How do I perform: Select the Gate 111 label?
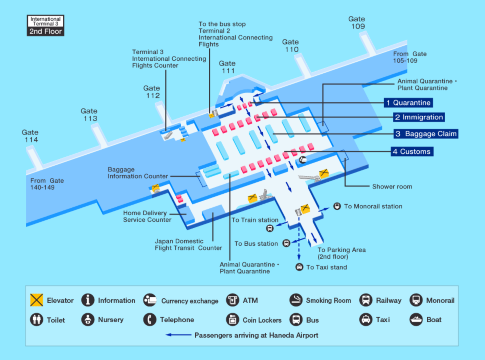pyautogui.click(x=228, y=66)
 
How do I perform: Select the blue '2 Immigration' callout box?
pyautogui.click(x=410, y=117)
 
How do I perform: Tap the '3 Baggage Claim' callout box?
pyautogui.click(x=424, y=133)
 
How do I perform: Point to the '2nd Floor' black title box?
pyautogui.click(x=44, y=31)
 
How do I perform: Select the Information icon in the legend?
pyautogui.click(x=88, y=299)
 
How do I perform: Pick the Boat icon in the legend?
pyautogui.click(x=417, y=321)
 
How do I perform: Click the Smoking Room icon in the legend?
pyautogui.click(x=297, y=299)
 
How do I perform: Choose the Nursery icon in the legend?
pyautogui.click(x=88, y=321)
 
